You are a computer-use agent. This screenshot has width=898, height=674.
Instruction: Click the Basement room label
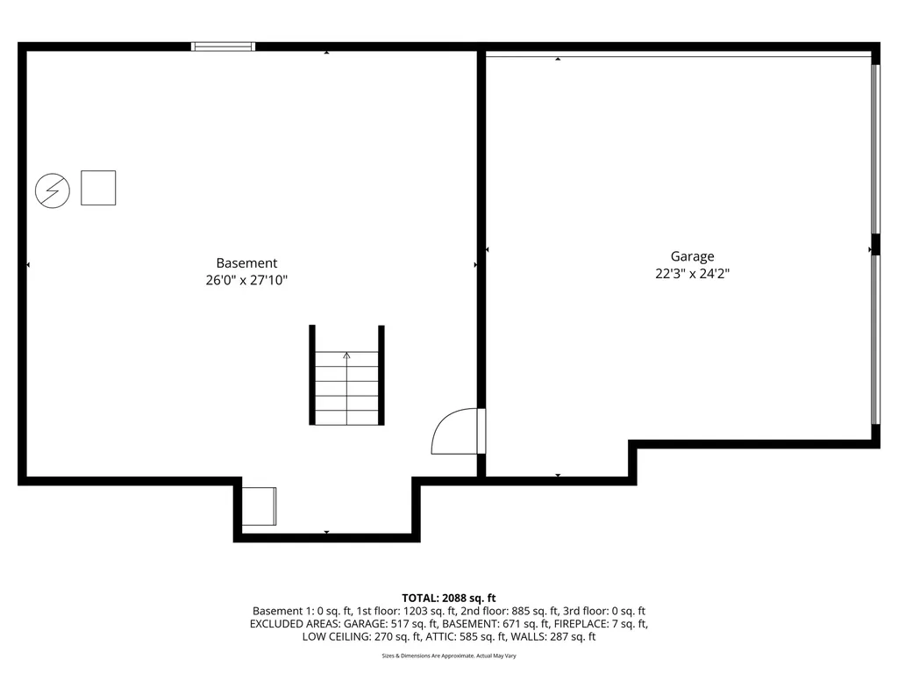click(246, 263)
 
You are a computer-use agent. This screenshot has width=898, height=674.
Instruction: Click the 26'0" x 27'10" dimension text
click(246, 281)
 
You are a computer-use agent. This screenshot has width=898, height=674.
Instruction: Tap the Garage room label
click(692, 256)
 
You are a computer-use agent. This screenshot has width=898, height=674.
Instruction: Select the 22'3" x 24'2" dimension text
click(692, 274)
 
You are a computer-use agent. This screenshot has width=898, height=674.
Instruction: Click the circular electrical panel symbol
click(53, 190)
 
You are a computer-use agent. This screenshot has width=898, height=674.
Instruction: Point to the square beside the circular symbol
click(98, 188)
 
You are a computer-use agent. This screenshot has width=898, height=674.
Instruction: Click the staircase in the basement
click(346, 387)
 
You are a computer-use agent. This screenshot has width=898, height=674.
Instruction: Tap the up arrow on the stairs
click(346, 355)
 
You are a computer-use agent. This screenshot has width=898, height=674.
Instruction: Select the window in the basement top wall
click(224, 47)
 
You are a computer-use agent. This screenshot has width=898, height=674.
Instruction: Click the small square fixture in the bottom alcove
click(259, 506)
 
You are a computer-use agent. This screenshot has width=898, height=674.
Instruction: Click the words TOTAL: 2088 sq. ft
click(449, 598)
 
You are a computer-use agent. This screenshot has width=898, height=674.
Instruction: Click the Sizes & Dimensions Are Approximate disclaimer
click(449, 656)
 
